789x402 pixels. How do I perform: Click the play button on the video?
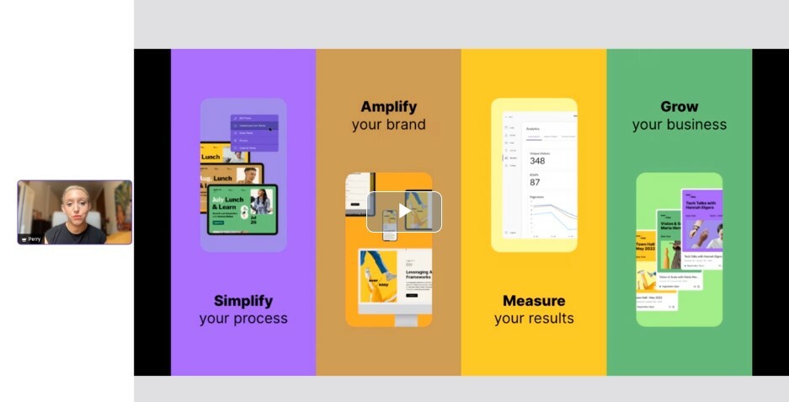click(404, 212)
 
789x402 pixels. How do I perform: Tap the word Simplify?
click(243, 301)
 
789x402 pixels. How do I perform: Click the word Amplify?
click(388, 107)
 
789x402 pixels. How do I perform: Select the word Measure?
click(534, 301)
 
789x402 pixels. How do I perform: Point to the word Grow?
click(679, 107)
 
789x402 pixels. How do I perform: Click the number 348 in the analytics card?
click(536, 160)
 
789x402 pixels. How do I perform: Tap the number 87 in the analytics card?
click(535, 182)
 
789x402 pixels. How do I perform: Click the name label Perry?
click(35, 239)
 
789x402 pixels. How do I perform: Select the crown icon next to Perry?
click(24, 239)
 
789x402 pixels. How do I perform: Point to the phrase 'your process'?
click(243, 319)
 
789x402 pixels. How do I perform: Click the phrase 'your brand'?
click(388, 125)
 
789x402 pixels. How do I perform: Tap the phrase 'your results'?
click(534, 319)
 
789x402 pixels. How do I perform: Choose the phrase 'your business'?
click(679, 125)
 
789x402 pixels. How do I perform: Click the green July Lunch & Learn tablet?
click(242, 209)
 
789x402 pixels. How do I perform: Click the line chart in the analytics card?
click(552, 215)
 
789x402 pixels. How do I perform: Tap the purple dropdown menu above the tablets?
click(253, 132)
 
